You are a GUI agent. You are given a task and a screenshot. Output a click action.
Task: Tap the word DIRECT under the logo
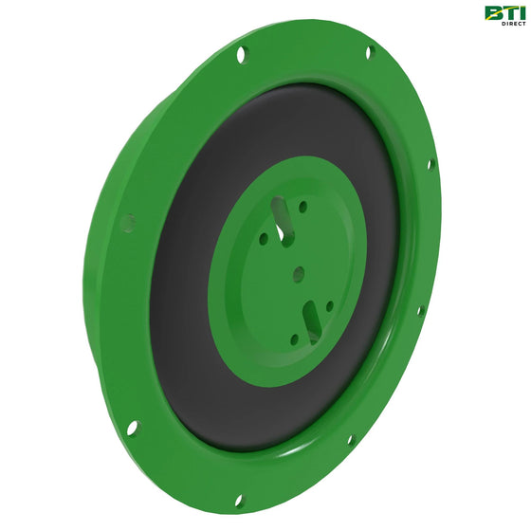click(514, 24)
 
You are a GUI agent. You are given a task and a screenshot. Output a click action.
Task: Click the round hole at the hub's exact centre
click(299, 274)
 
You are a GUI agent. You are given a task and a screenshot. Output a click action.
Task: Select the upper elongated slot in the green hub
click(283, 219)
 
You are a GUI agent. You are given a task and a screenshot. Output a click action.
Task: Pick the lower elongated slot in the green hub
click(312, 323)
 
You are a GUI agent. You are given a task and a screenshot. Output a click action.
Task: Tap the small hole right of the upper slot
click(303, 207)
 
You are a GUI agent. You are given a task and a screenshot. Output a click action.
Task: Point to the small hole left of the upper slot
click(264, 239)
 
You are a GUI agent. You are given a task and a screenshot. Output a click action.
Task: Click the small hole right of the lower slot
click(330, 306)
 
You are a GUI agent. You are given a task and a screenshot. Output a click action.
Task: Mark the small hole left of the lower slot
click(295, 339)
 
